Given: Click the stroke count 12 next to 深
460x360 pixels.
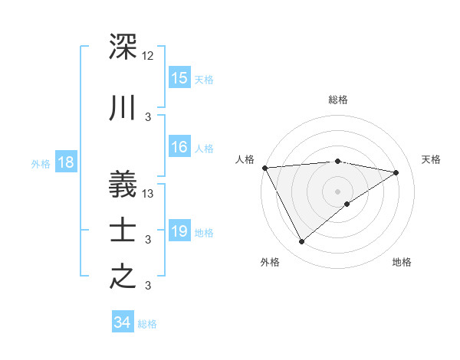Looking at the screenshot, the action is pos(148,56).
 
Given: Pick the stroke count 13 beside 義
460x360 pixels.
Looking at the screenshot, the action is pos(149,194).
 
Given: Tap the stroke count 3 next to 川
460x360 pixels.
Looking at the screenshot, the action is pos(148,117).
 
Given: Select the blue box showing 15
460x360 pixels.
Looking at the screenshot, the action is pos(179,78).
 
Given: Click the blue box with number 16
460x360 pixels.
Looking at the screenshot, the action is pos(179,148).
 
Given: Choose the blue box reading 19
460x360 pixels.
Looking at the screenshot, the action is pos(179,231).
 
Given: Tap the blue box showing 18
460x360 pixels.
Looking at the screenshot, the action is pos(65,162).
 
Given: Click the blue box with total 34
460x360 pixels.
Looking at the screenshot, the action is pos(123,322).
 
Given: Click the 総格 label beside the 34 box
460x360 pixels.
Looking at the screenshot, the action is pos(148,324).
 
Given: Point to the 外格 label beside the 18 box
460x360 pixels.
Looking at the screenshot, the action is pos(41,164).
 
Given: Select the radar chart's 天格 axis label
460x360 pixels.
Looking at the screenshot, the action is pos(431,159).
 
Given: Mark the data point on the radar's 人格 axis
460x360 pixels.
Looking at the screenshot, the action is pos(264,168).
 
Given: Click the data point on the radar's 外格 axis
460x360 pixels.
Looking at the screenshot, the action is pos(301,242).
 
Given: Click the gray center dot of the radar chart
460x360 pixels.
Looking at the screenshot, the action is pos(337,190).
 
